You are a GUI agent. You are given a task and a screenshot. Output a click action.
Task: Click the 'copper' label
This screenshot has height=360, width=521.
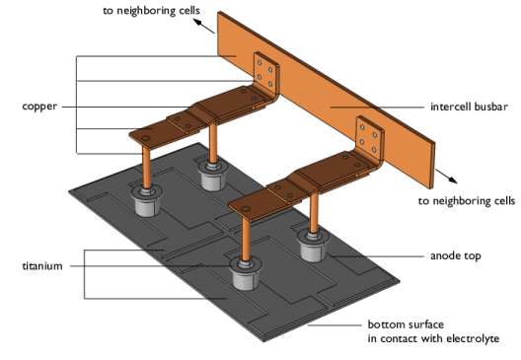39,107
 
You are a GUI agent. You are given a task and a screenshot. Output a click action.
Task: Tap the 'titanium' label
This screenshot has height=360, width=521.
42,266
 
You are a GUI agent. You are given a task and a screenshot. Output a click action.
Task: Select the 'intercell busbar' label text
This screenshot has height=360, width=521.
469,107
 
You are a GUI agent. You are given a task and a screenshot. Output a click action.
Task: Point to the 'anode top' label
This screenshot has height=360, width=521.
456,256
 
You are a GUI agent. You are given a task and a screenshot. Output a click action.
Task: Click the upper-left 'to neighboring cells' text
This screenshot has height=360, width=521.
151,11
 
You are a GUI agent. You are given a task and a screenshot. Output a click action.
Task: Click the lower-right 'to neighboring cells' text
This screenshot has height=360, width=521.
467,201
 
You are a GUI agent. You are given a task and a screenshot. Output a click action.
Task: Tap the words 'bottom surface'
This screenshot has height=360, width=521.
406,324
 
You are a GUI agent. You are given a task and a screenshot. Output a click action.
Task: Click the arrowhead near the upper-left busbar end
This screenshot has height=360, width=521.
197,23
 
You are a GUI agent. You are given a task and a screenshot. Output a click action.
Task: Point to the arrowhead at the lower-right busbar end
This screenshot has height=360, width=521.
453,180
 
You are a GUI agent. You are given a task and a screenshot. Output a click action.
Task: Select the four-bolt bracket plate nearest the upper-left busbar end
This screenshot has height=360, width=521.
266,75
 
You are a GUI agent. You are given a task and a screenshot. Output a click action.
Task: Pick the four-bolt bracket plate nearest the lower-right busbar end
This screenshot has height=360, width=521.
369,139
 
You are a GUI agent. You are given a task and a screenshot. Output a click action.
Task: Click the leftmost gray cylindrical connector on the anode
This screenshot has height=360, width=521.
146,201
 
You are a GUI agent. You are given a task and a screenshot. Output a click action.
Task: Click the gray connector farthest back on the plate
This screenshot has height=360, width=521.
213,176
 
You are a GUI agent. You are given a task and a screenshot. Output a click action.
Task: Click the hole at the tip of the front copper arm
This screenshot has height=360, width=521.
246,209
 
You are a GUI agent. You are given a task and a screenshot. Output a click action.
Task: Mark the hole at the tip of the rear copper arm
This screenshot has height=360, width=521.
145,138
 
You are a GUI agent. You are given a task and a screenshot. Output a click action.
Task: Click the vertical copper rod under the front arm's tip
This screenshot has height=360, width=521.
246,239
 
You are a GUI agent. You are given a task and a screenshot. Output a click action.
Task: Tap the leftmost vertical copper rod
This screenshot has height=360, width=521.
146,168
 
